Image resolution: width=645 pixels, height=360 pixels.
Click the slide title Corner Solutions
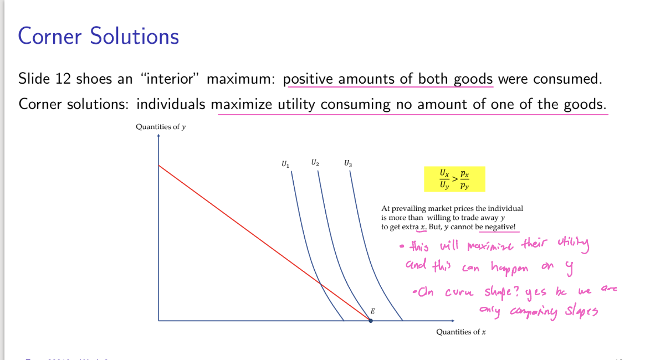(99, 37)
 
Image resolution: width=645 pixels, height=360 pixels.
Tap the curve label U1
(285, 164)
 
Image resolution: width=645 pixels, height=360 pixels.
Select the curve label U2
(315, 163)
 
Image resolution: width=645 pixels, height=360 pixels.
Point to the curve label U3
(347, 163)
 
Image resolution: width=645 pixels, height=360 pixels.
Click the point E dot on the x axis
(371, 321)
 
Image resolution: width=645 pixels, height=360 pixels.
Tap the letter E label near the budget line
(372, 311)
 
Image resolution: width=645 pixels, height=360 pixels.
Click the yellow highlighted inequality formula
(454, 179)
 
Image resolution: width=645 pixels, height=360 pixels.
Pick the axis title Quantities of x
(460, 332)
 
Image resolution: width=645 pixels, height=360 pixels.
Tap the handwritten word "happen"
(509, 268)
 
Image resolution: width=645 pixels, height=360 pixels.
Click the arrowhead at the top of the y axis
(158, 137)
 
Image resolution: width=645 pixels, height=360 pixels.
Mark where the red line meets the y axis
(158, 166)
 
